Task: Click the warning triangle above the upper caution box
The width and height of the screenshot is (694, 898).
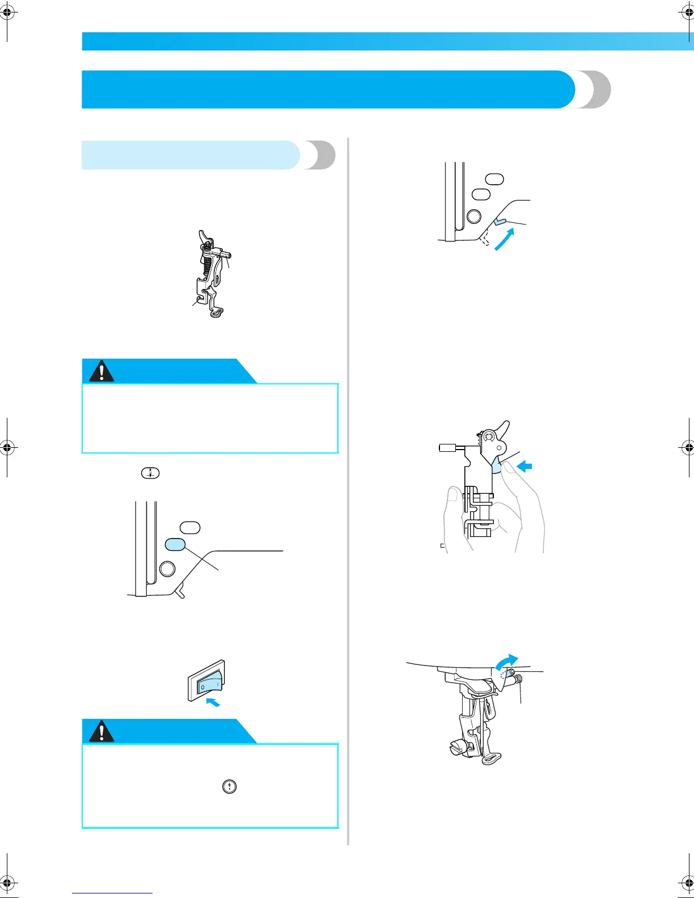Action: point(101,371)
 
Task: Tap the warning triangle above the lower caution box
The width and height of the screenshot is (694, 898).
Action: point(101,732)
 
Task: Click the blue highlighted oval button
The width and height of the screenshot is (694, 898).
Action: point(175,544)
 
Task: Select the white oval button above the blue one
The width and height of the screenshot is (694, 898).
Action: point(191,527)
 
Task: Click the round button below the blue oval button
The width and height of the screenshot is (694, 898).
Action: point(167,569)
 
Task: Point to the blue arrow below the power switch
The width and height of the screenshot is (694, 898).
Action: point(213,702)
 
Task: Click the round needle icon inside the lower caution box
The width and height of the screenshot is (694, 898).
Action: point(229,786)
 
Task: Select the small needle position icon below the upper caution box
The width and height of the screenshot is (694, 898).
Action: point(150,473)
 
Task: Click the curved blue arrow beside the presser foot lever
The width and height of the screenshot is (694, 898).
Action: point(505,239)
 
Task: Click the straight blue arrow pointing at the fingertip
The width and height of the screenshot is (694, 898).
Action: point(526,467)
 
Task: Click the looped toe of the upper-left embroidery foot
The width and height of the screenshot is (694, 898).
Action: point(217,311)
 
